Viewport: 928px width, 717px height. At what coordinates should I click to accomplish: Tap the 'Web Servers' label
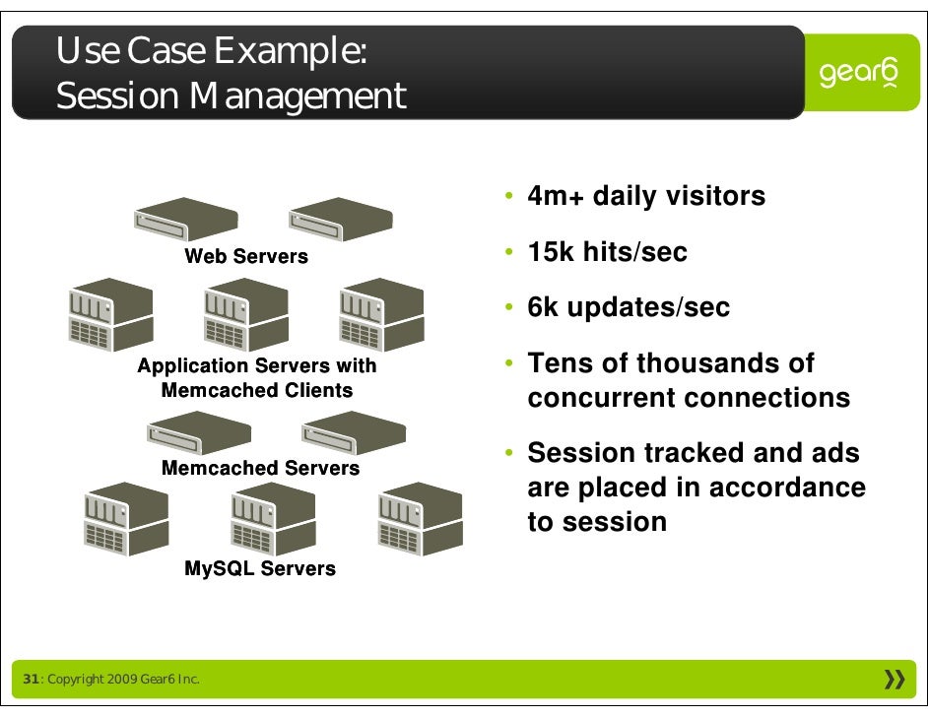coord(246,257)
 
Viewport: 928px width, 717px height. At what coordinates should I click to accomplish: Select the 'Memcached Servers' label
coord(260,468)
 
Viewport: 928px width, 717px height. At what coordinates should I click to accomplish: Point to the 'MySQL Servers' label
coord(260,568)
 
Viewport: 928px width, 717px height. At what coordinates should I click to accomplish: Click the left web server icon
coord(186,219)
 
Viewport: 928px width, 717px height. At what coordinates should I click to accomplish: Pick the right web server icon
coord(341,219)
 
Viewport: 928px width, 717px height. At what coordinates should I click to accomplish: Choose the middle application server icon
coord(245,314)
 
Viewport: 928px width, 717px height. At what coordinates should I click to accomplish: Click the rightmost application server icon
coord(380,314)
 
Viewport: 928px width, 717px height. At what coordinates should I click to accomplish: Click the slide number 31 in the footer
coord(31,680)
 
